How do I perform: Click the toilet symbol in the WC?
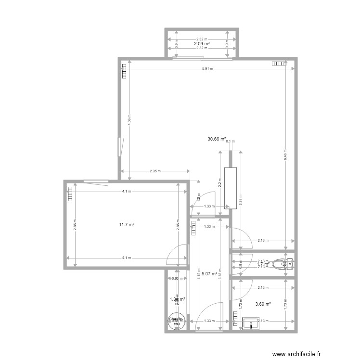(281, 263)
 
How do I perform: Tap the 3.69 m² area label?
(263, 304)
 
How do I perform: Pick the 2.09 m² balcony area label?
(202, 44)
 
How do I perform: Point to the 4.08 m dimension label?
(129, 119)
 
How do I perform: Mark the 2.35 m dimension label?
(155, 171)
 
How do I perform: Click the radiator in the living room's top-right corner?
(278, 63)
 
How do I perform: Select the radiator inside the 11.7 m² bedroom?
(70, 193)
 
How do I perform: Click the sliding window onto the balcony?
(201, 58)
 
